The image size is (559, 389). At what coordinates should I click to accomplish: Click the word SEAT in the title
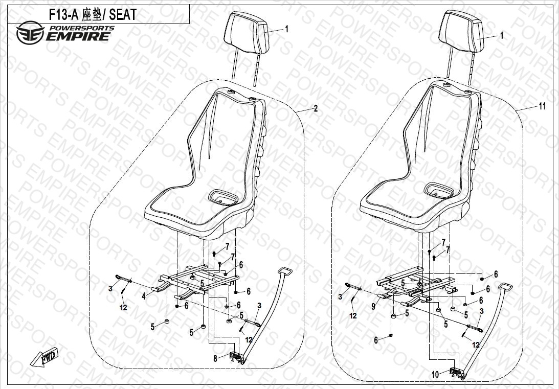tap(122, 15)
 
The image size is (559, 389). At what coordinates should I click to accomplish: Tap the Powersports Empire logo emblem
tap(30, 33)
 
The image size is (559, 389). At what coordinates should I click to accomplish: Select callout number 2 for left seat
tap(315, 109)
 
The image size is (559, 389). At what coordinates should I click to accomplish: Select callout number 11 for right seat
tap(542, 106)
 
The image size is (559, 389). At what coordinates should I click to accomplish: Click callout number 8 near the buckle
tap(215, 359)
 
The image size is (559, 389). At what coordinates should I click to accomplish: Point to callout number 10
tap(435, 375)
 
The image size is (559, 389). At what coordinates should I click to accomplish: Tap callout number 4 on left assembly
tap(144, 296)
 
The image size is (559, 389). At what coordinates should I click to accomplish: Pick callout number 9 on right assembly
tap(373, 306)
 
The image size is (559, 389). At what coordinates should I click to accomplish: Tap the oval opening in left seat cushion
tap(223, 197)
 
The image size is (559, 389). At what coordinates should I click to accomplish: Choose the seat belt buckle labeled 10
tap(458, 372)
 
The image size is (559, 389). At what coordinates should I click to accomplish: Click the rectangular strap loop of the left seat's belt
tap(285, 271)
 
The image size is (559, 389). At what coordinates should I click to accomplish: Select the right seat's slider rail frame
tap(417, 283)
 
